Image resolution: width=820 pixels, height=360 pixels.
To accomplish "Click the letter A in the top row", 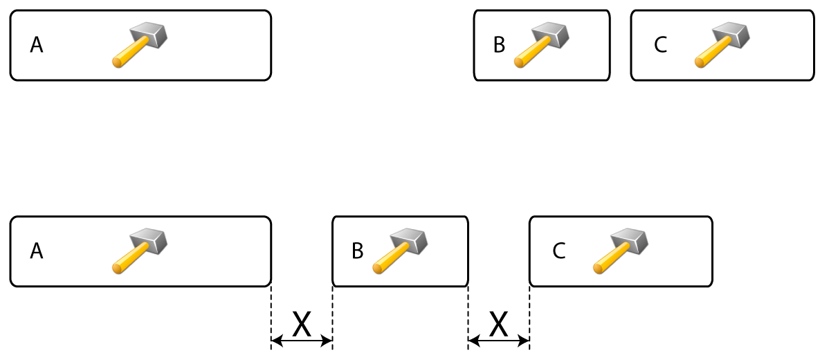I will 37,46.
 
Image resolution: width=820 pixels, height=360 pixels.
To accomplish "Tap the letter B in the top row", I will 499,46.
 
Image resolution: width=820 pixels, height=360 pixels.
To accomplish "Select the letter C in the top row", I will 660,46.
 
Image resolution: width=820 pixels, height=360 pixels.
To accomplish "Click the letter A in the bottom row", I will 37,251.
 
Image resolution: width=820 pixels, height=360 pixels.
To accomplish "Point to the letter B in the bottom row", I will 358,251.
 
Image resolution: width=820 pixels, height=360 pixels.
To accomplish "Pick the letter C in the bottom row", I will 559,251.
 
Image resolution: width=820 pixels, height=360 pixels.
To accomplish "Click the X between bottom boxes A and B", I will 302,323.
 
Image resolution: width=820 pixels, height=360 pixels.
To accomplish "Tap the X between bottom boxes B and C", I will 499,323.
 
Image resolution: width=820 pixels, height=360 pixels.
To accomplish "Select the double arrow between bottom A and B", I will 302,341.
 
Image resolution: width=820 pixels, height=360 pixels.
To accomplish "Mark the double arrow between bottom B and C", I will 499,341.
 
